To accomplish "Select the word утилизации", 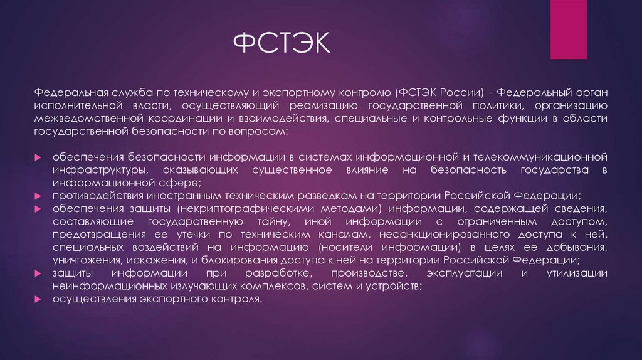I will pyautogui.click(x=577, y=273).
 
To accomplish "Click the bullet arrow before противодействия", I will pyautogui.click(x=38, y=196).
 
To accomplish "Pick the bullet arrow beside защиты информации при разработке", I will pyautogui.click(x=38, y=274).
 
